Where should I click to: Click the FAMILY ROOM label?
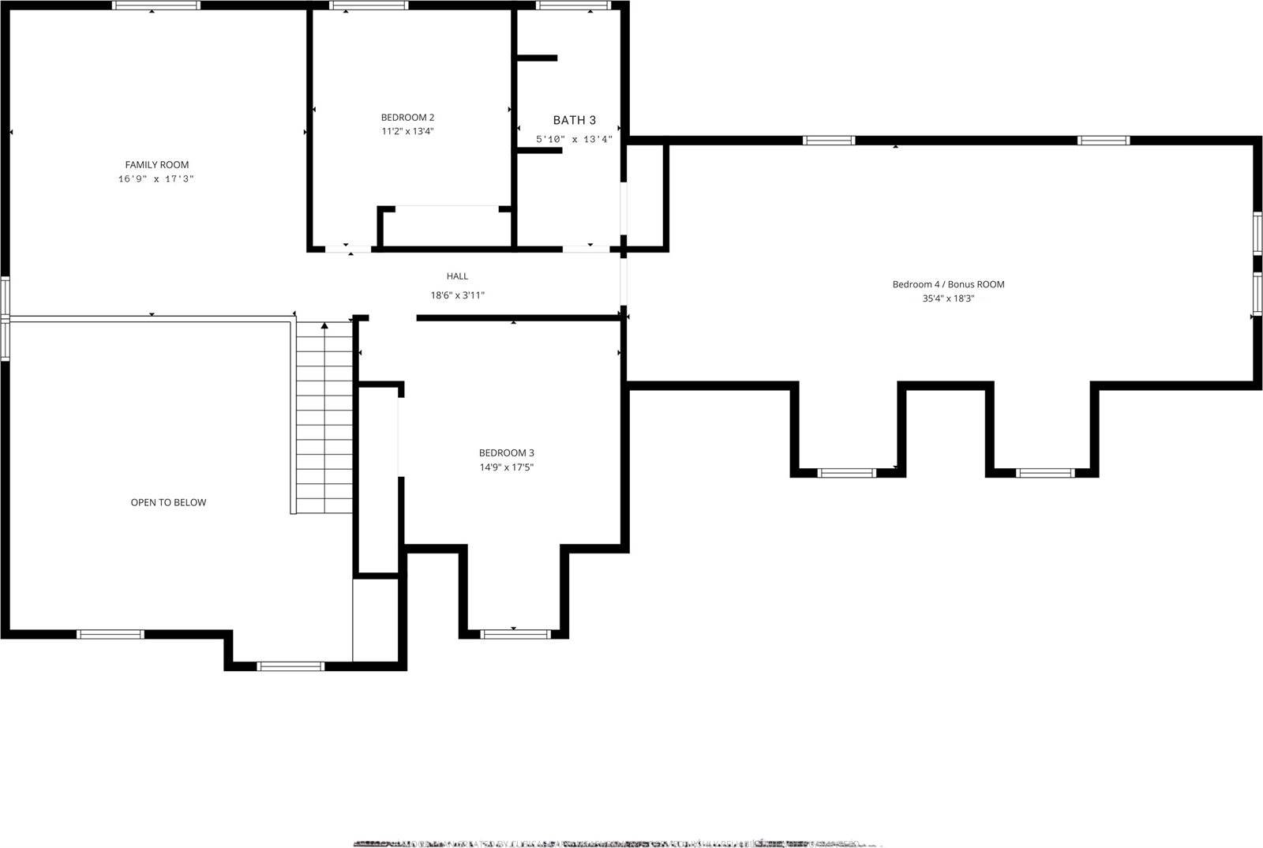coord(157,165)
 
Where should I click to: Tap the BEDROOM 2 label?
coord(407,118)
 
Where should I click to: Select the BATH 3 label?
coord(574,120)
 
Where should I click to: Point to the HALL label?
coord(457,276)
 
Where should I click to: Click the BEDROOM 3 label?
coord(506,453)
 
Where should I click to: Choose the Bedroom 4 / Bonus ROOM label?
coord(948,284)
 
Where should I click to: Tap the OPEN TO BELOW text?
coord(168,502)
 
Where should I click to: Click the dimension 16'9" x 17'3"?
coord(156,179)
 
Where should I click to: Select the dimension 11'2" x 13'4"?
coord(407,131)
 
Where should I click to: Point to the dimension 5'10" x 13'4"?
coord(574,139)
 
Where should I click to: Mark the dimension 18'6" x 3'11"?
coord(457,295)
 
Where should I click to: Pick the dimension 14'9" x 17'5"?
coord(506,467)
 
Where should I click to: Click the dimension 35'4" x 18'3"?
coord(948,298)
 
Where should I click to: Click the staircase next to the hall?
coord(324,418)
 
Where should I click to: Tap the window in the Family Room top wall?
coord(156,6)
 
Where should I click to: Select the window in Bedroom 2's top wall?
coord(369,6)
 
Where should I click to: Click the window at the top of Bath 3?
coord(574,6)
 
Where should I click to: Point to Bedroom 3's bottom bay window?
coord(515,633)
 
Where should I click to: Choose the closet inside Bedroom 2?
coord(446,227)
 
